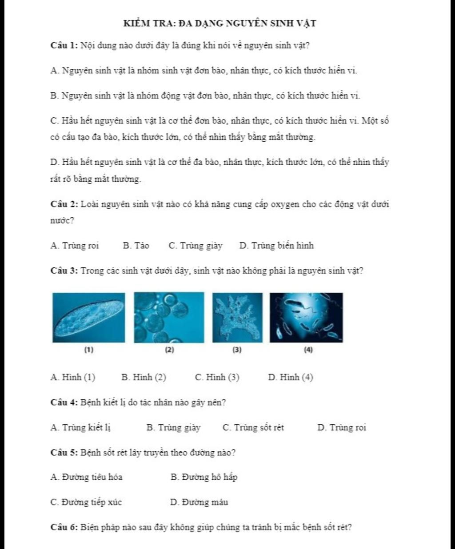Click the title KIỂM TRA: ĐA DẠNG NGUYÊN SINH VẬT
point(220,23)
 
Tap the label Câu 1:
point(64,46)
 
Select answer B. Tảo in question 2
point(136,246)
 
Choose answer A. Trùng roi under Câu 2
point(75,246)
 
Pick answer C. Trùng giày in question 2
point(196,246)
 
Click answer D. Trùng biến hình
point(276,246)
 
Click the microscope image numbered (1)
point(88,318)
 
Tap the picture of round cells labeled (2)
point(169,318)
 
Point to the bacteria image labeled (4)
point(306,318)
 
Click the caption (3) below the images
point(237,350)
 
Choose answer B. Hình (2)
point(144,378)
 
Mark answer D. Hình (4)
point(291,378)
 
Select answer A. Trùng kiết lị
point(81,428)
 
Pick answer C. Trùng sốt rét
point(253,428)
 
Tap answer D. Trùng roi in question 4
point(342,428)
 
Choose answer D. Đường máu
point(199,503)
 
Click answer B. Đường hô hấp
point(204,477)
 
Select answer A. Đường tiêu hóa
point(87,477)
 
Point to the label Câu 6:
point(64,528)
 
